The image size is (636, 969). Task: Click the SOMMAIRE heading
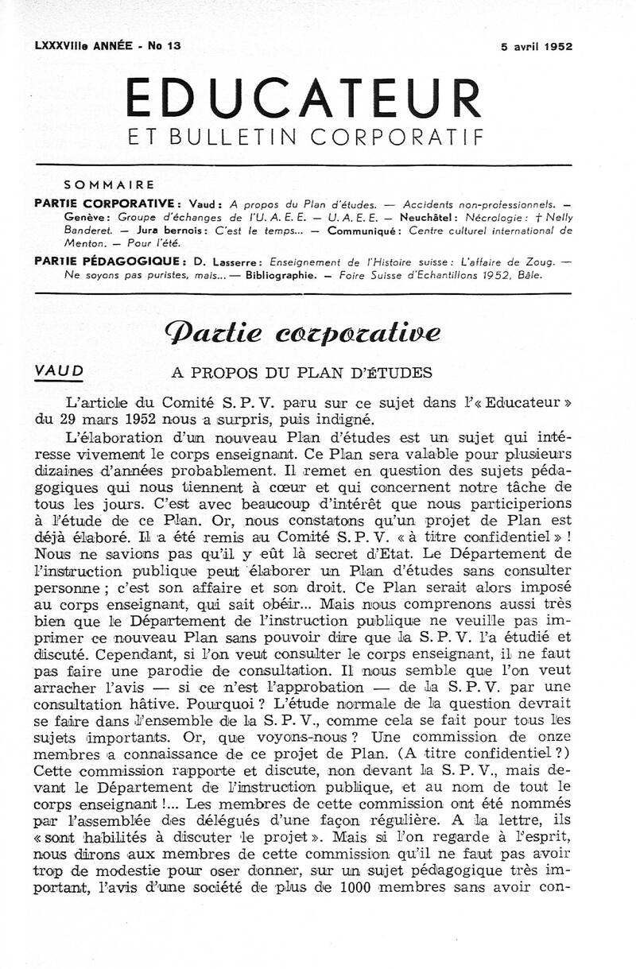tap(109, 184)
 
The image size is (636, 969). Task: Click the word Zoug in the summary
tap(541, 261)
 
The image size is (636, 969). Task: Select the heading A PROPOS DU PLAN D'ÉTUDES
tap(302, 373)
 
